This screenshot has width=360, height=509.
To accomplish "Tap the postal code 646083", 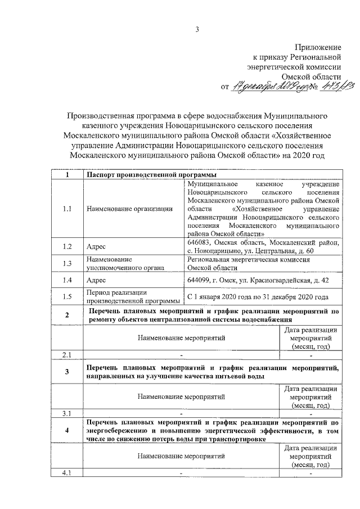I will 200,242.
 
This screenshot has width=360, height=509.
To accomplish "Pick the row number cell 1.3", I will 67,263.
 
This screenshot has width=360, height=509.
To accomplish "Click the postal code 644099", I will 200,280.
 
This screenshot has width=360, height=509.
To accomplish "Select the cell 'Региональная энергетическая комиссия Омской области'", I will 249,263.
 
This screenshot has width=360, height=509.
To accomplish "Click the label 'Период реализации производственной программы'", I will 128,296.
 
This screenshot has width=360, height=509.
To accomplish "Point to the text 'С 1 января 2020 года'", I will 222,296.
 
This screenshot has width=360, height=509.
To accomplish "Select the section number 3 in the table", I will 67,371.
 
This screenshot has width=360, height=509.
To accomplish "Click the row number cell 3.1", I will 67,414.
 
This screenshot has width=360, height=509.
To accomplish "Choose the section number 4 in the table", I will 67,431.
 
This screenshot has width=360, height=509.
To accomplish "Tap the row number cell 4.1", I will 67,472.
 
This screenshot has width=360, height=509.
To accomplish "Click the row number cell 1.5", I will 67,296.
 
